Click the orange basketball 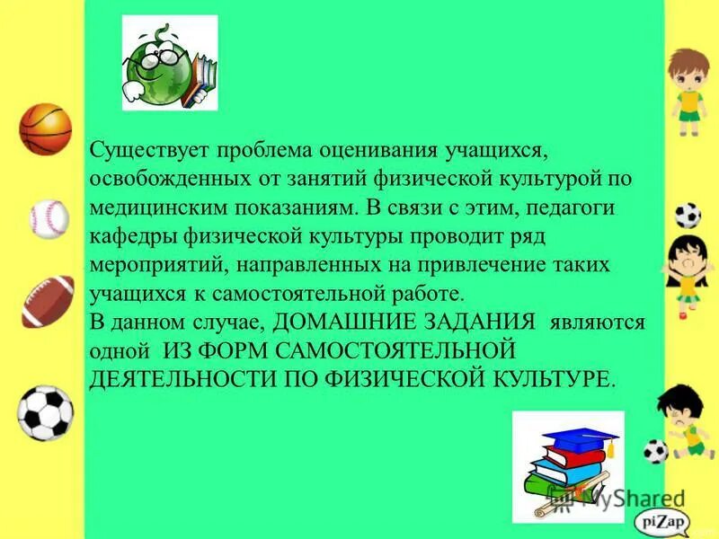coord(45,129)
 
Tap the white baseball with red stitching coord(49,218)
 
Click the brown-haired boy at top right coord(688,90)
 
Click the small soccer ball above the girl coord(688,216)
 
